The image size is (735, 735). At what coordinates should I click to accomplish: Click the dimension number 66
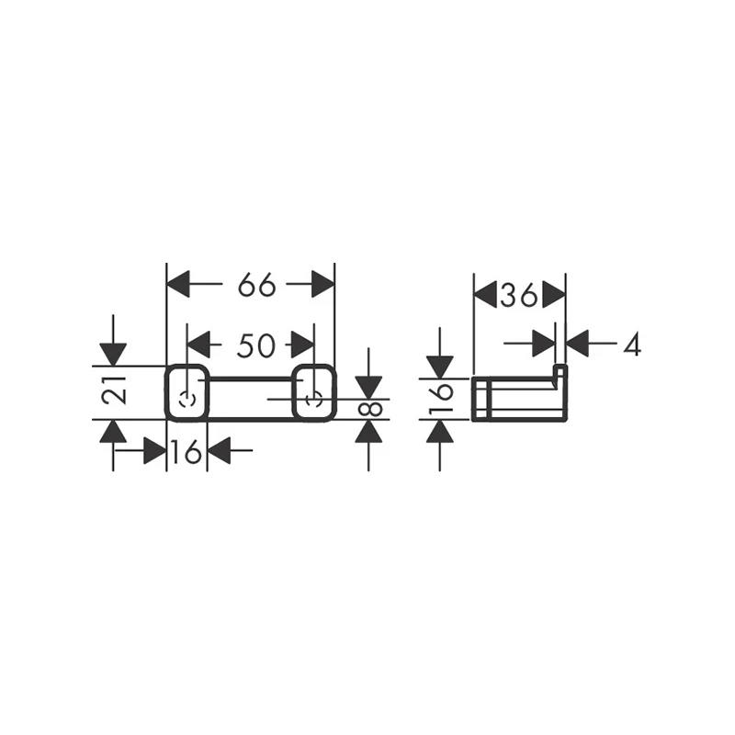click(256, 285)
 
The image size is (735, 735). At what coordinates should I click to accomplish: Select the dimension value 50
click(256, 346)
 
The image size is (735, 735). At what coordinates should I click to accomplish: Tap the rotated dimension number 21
click(114, 390)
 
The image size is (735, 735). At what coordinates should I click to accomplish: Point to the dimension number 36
click(518, 296)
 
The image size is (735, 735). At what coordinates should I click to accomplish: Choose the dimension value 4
click(632, 345)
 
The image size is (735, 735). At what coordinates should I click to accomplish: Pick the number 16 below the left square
click(187, 452)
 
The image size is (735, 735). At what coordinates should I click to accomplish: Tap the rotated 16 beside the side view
click(441, 398)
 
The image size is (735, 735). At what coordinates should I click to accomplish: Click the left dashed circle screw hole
click(187, 400)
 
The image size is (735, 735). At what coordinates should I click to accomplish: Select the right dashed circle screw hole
click(313, 400)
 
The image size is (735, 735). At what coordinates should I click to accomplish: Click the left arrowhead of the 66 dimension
click(178, 284)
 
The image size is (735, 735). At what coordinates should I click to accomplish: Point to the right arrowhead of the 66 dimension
click(323, 284)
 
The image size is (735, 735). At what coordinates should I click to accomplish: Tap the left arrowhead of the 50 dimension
click(198, 345)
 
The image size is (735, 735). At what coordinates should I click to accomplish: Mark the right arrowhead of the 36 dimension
click(554, 295)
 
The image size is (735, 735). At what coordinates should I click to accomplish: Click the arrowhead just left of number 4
click(577, 344)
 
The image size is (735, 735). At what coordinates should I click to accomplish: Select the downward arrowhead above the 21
click(113, 355)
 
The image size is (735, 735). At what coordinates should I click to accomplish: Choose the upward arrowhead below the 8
click(368, 431)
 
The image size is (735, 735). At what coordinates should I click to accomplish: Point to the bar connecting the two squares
click(251, 378)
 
